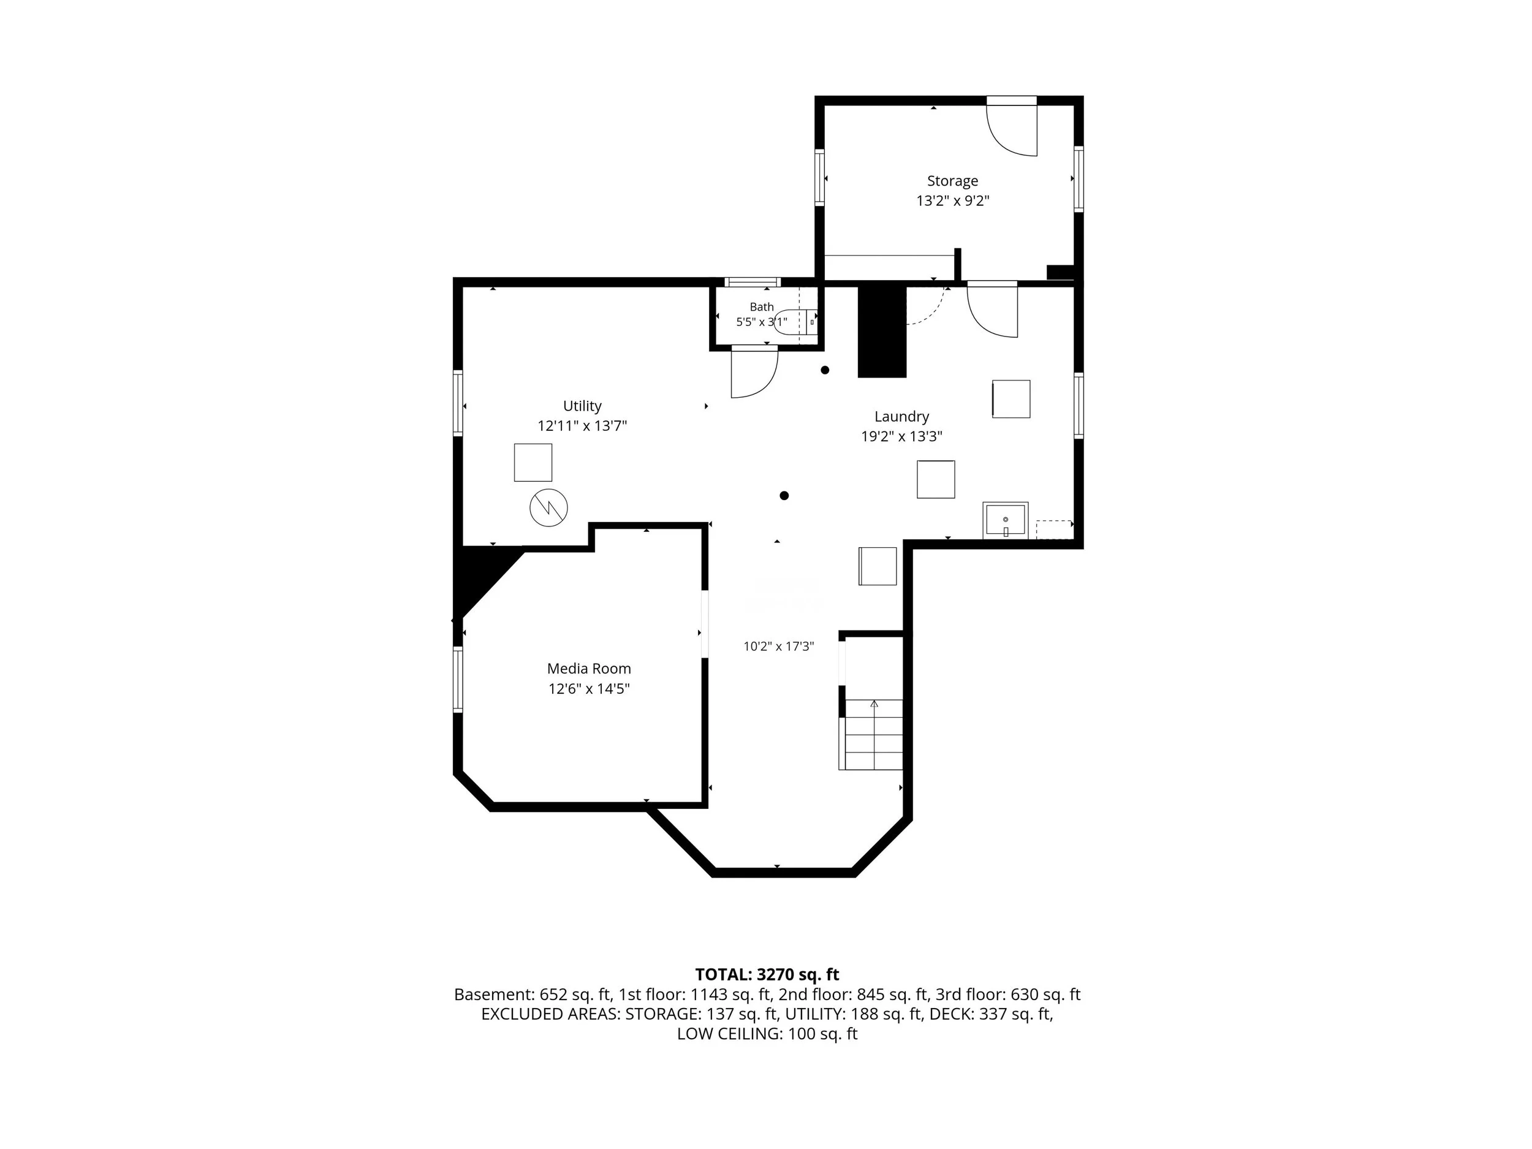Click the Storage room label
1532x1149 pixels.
952,181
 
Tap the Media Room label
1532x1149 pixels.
589,669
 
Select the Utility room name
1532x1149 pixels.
582,406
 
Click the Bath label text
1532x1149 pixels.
761,307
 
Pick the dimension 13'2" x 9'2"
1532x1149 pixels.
952,202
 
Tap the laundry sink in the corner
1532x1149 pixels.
1005,520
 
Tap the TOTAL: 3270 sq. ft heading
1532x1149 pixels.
767,974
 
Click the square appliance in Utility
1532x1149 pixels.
533,463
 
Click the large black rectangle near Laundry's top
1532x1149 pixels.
882,331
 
